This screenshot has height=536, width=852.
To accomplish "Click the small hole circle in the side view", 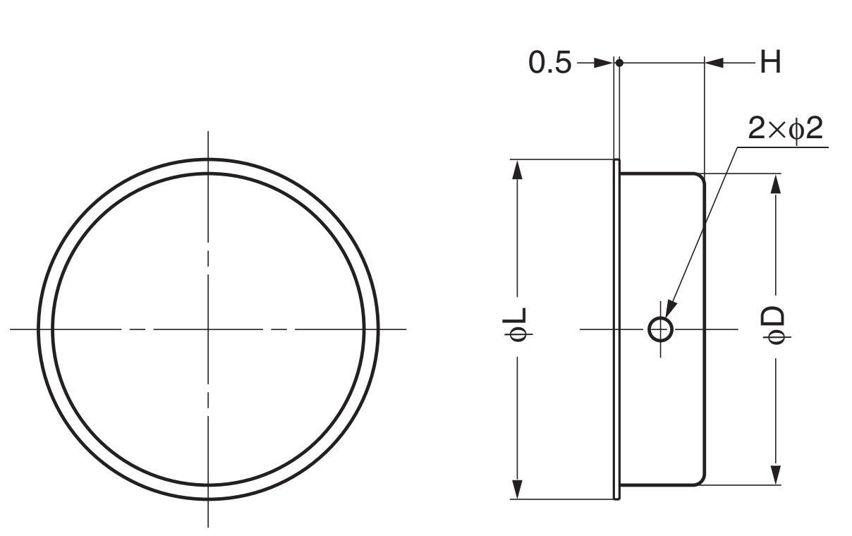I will point(660,329).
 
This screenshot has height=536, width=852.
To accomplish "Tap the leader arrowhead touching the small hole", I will point(669,310).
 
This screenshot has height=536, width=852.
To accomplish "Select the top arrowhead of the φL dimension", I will point(518,169).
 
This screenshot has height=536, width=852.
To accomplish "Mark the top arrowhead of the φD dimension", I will point(776,183).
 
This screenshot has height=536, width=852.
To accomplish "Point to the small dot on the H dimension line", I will point(619,63).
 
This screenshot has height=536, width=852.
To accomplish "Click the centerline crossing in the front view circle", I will point(208,329).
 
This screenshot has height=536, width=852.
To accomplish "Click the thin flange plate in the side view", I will point(617,329).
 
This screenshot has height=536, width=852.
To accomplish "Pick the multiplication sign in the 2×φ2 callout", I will point(777,131).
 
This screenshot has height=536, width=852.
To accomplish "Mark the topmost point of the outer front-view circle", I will point(208,159).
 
